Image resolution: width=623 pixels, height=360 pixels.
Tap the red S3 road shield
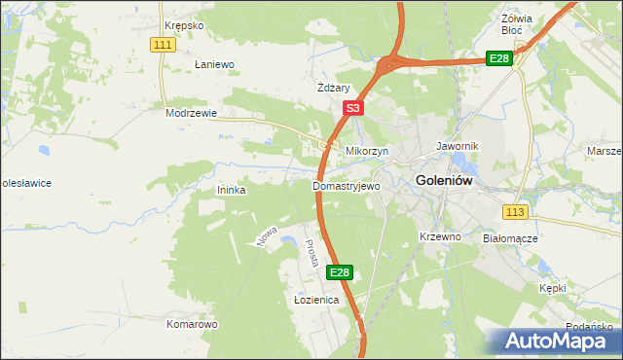(352, 109)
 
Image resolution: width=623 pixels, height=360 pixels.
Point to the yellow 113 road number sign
(516, 211)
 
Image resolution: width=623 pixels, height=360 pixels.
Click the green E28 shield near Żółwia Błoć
(498, 59)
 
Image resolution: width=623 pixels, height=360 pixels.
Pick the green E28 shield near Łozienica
(339, 273)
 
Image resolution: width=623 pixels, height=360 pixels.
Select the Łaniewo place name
(215, 64)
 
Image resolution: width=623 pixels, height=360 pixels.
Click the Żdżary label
(333, 88)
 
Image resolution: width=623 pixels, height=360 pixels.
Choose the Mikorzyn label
(367, 152)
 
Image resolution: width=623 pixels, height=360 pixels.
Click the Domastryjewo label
(346, 185)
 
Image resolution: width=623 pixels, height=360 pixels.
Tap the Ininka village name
(231, 191)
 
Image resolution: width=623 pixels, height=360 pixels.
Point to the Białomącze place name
(510, 237)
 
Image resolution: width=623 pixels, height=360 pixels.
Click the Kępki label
(552, 288)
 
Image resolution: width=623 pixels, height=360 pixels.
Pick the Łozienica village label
(315, 301)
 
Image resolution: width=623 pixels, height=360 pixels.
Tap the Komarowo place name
(191, 324)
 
